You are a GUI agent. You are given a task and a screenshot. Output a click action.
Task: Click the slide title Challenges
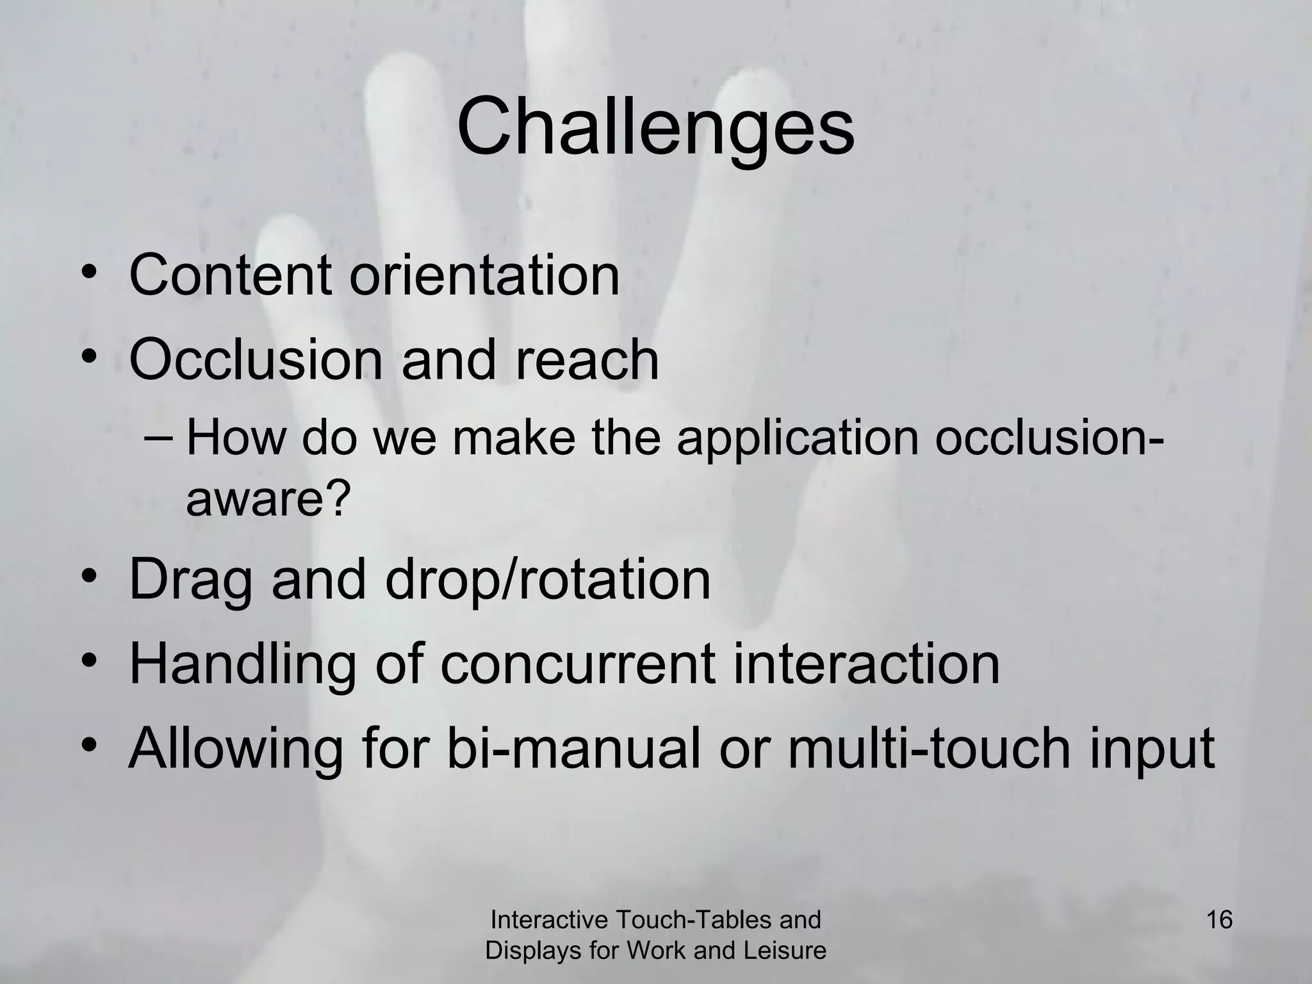655,128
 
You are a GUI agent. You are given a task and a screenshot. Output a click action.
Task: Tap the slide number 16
1219,920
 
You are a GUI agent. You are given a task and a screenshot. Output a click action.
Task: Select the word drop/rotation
548,580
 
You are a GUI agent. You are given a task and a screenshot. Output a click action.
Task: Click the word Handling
243,664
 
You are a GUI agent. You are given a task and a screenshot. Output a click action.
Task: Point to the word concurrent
577,664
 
